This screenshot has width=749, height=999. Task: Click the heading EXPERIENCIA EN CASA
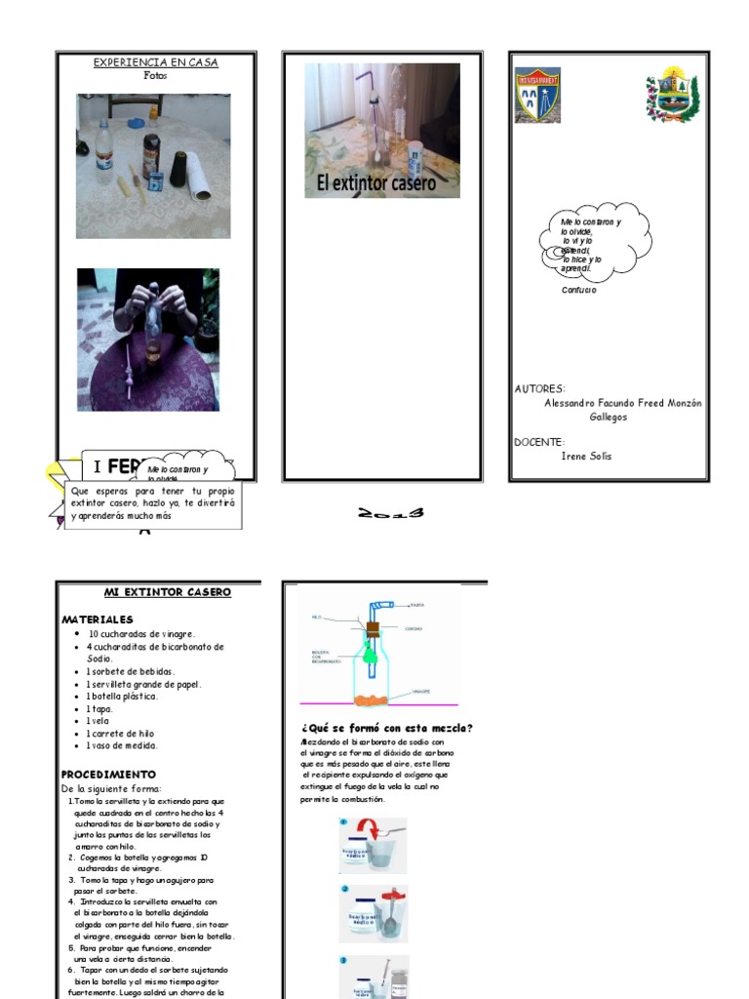[155, 62]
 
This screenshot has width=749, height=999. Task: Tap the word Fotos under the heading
[155, 75]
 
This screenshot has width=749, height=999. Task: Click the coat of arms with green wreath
[672, 97]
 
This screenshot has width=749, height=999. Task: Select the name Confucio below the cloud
[579, 290]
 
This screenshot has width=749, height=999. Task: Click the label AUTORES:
[539, 388]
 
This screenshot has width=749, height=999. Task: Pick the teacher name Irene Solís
[587, 456]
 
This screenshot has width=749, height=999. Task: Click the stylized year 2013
[391, 513]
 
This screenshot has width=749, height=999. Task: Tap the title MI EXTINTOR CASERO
[167, 592]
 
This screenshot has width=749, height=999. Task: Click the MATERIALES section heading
[98, 619]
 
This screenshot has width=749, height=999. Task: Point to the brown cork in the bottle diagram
[372, 629]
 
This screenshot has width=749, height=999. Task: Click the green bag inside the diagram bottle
[371, 657]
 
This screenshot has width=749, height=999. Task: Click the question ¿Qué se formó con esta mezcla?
[387, 728]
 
